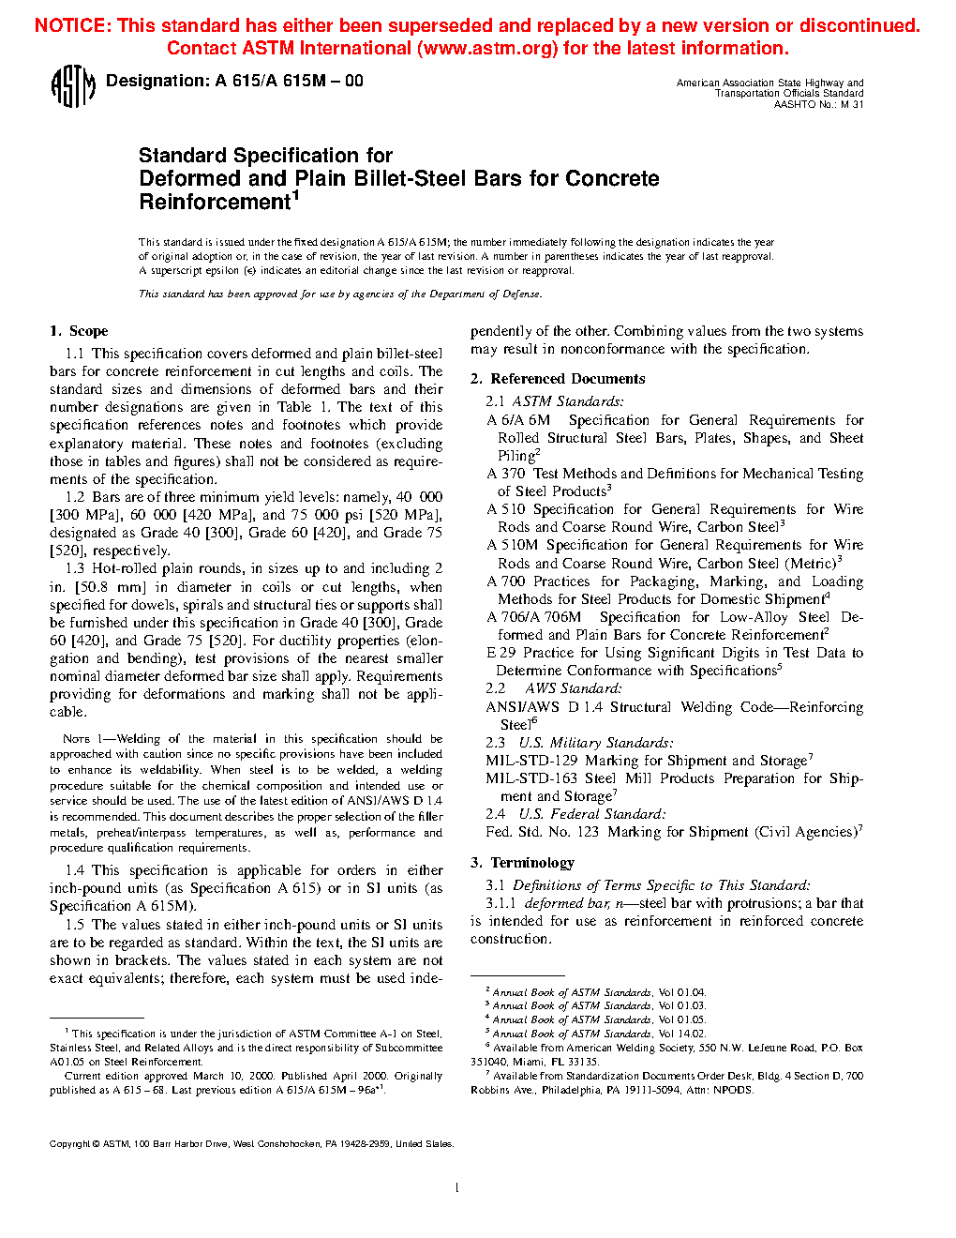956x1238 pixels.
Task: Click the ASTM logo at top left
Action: click(72, 87)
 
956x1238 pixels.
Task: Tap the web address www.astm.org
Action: click(487, 49)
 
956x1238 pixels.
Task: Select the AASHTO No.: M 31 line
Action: click(818, 105)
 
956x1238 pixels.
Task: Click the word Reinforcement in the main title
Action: click(215, 203)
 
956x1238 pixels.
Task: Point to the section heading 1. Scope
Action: click(79, 331)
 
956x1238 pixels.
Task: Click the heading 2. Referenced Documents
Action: click(558, 379)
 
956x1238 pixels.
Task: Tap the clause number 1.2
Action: click(75, 497)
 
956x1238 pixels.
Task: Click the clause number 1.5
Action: click(75, 925)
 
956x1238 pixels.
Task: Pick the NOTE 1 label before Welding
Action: click(77, 739)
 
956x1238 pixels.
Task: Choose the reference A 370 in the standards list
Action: click(506, 474)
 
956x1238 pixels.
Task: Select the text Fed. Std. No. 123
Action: click(542, 832)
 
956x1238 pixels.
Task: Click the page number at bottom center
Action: click(456, 1188)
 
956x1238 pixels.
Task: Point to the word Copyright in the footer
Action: click(69, 1144)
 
